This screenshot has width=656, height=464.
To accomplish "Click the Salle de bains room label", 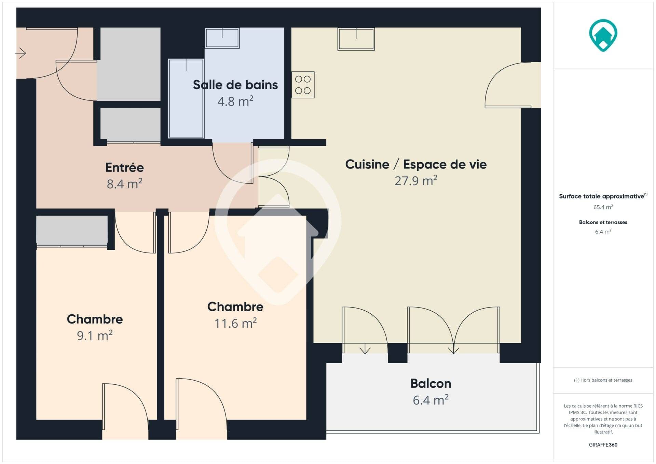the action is point(235,85).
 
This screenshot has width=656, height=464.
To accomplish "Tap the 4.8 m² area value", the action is point(235,101).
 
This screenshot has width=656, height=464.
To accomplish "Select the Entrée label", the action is point(124,167).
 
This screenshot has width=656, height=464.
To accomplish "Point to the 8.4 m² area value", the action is point(124,184).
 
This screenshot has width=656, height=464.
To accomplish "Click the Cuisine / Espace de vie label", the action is point(416,164).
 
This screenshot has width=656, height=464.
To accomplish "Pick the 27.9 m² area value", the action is point(416,180).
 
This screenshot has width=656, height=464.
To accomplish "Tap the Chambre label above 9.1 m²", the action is point(95,319).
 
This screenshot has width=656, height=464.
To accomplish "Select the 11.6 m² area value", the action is point(235,323).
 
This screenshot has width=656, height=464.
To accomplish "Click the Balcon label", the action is point(430,383).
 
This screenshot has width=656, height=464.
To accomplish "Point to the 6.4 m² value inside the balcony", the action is point(430,400).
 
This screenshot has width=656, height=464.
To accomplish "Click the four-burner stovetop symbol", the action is point(303,85).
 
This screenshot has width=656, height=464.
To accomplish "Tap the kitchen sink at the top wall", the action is point(356,39).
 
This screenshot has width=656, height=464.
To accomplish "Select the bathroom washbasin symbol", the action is point(222,38).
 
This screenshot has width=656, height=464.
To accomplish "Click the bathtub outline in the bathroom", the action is point(186,98).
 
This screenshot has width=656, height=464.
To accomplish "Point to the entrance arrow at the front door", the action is point(20,53).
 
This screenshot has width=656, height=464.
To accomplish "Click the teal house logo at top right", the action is point(603,35).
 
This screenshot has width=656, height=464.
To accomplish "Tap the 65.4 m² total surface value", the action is point(603,207).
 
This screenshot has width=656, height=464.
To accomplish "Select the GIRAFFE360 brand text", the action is point(603,445).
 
